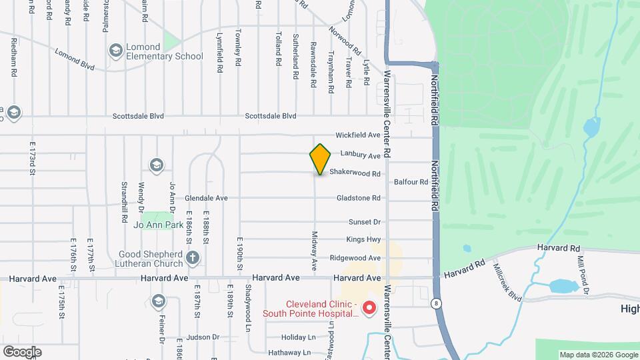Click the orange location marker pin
[320, 159]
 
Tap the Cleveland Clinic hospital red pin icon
[369, 308]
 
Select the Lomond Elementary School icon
[115, 50]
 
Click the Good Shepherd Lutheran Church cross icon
[193, 258]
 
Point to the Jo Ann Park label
[157, 225]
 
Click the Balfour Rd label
[411, 182]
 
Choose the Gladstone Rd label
[358, 198]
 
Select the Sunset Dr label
[364, 222]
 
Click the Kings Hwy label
[363, 239]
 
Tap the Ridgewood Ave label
[356, 258]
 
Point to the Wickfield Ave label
[357, 135]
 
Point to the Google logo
[22, 351]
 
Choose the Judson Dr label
[203, 337]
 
